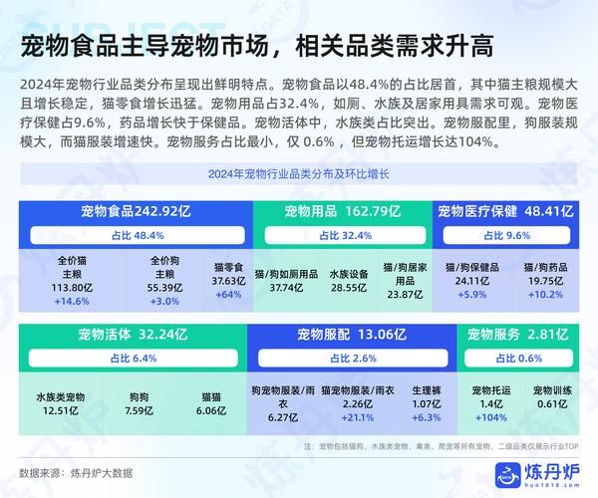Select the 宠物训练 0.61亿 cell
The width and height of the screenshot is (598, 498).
pyautogui.click(x=551, y=396)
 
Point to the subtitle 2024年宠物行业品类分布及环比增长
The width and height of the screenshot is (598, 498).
pyautogui.click(x=299, y=176)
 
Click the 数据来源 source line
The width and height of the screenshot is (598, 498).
pyautogui.click(x=76, y=472)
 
